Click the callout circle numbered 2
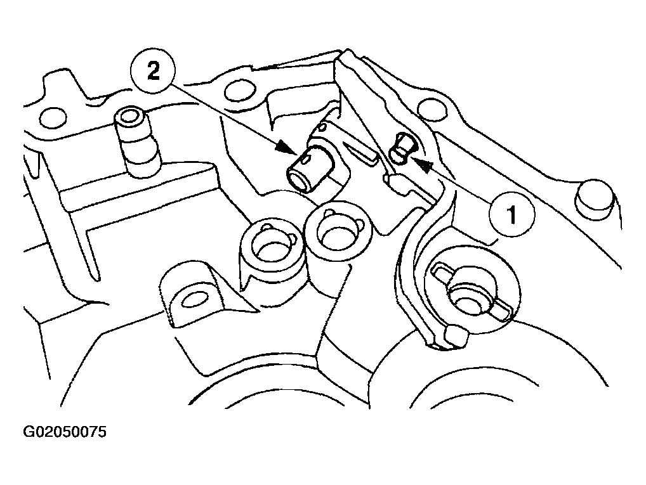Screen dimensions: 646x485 153,72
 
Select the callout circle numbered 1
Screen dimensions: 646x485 512,214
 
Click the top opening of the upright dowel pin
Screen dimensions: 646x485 130,115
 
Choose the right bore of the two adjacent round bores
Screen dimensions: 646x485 338,234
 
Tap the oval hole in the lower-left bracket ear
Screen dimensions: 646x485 195,299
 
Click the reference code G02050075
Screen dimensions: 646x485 65,432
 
